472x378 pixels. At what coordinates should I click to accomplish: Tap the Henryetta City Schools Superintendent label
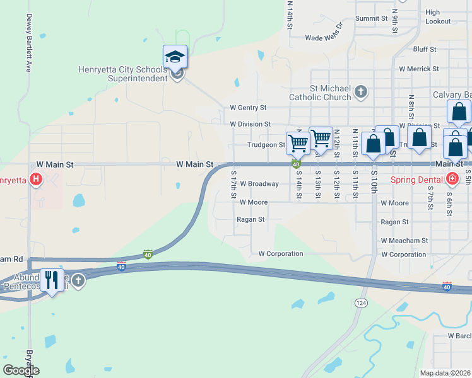122,74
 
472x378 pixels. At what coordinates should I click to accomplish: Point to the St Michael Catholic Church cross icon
361,93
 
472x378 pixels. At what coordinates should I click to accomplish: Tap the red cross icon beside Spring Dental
452,180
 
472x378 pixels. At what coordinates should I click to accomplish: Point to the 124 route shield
360,303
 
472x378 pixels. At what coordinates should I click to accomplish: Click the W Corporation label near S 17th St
281,254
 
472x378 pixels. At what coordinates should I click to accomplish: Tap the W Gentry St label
248,108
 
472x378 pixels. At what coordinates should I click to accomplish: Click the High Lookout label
438,17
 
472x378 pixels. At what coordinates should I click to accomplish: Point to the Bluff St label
425,49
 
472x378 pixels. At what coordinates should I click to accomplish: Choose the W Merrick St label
418,69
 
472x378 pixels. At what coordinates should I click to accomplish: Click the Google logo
21,370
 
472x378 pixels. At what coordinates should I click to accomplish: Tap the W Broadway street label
259,184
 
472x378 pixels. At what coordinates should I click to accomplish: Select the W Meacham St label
404,241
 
